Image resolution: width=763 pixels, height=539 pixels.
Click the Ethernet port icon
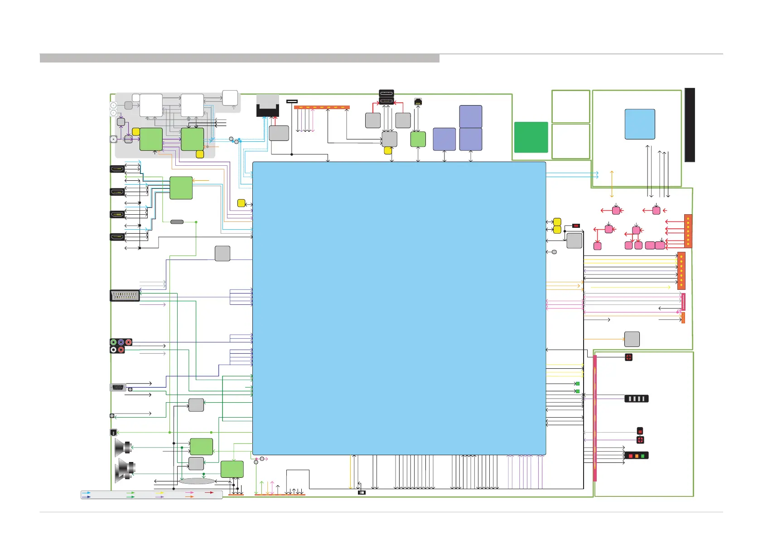click(x=418, y=101)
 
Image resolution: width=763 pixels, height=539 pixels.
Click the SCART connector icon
click(x=125, y=296)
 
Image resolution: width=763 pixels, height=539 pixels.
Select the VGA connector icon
click(x=118, y=387)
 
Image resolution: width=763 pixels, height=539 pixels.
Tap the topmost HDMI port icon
click(x=117, y=169)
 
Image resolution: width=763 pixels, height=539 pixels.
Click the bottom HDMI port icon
click(x=117, y=236)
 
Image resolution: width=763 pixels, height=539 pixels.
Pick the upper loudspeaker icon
click(x=123, y=447)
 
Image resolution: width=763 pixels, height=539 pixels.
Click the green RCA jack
click(x=113, y=342)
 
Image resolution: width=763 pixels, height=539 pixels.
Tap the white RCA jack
click(x=113, y=350)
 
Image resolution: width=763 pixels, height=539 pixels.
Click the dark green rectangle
click(x=531, y=137)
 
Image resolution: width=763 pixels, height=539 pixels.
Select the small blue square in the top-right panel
click(x=640, y=124)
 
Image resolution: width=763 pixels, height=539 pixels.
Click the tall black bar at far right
click(x=690, y=125)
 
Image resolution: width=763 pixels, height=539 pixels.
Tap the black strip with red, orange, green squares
click(x=637, y=455)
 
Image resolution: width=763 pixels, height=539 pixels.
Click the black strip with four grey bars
click(x=637, y=399)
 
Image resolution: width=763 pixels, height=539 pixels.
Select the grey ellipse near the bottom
click(x=197, y=481)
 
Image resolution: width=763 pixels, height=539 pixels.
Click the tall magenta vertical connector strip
click(x=595, y=418)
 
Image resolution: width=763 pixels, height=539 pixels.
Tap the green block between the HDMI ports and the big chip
click(x=181, y=188)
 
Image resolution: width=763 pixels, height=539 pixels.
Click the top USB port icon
click(x=386, y=93)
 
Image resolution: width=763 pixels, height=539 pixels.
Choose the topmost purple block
click(x=471, y=116)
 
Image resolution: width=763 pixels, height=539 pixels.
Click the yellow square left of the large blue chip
click(x=241, y=203)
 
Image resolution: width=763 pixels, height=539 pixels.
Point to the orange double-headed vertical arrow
click(x=612, y=184)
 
